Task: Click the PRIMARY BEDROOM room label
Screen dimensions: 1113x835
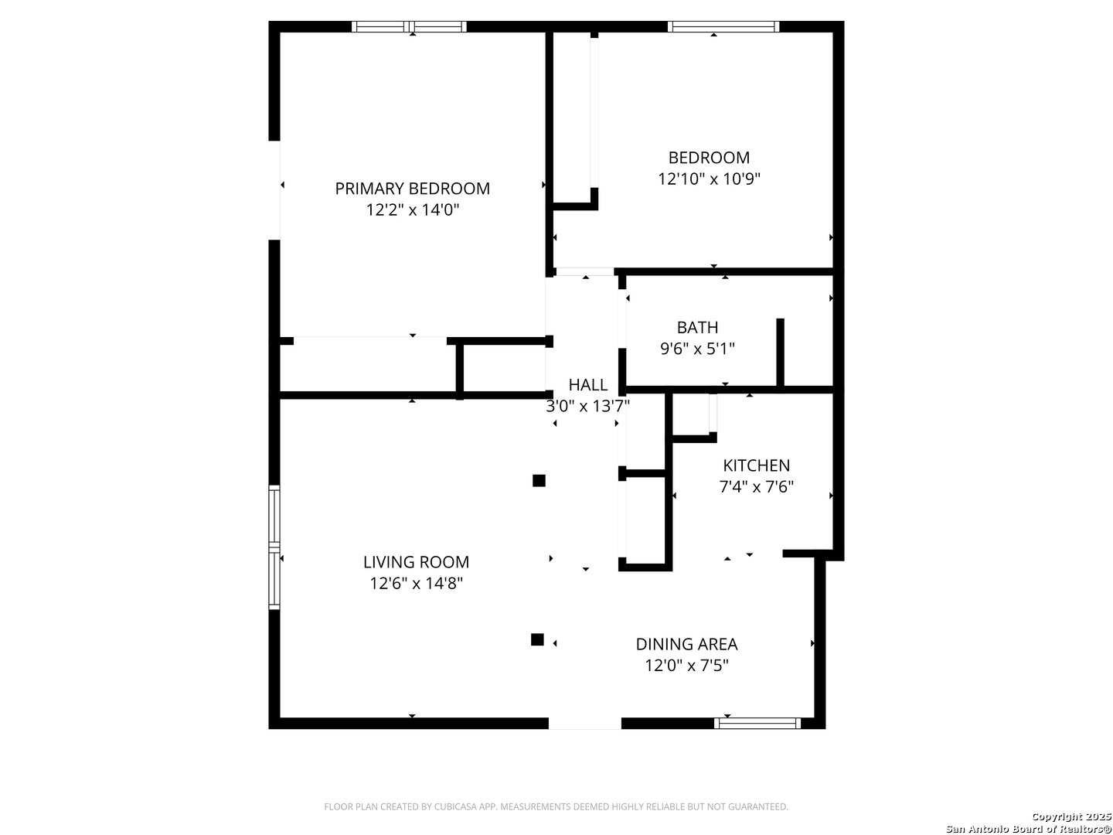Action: pyautogui.click(x=412, y=189)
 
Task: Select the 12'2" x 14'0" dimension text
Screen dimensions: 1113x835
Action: pyautogui.click(x=412, y=210)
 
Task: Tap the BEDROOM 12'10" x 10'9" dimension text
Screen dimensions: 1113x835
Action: pyautogui.click(x=708, y=179)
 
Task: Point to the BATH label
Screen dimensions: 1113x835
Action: pyautogui.click(x=697, y=328)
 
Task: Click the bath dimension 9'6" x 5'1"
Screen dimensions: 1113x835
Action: pyautogui.click(x=697, y=349)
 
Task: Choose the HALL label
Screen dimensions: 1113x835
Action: pyautogui.click(x=587, y=385)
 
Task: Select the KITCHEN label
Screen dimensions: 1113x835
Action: pyautogui.click(x=756, y=465)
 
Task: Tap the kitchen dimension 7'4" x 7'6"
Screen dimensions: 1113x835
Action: pyautogui.click(x=756, y=487)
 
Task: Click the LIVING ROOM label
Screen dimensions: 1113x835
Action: pyautogui.click(x=416, y=562)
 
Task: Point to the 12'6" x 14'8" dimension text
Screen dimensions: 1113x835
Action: pyautogui.click(x=416, y=584)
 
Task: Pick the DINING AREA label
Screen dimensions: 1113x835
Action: pyautogui.click(x=686, y=644)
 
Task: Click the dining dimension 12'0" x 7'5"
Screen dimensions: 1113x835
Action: pyautogui.click(x=686, y=665)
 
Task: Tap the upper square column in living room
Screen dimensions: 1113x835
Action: pyautogui.click(x=539, y=480)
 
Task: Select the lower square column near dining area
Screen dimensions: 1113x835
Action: pyautogui.click(x=537, y=639)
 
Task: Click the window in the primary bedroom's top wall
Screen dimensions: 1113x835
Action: pyautogui.click(x=409, y=26)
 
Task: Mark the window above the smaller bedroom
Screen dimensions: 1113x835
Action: pyautogui.click(x=723, y=26)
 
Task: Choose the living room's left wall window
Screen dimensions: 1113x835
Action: pyautogui.click(x=274, y=547)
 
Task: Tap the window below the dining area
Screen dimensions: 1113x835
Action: pyautogui.click(x=757, y=723)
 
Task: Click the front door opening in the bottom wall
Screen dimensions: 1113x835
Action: pyautogui.click(x=584, y=723)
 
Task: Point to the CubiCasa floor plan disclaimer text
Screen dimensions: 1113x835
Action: pyautogui.click(x=556, y=806)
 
